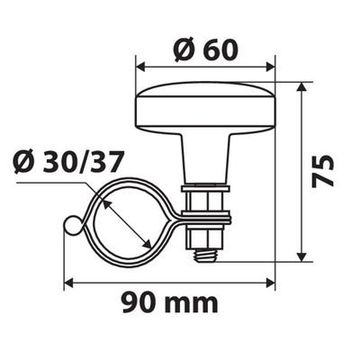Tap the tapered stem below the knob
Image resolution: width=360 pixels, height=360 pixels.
tap(206, 158)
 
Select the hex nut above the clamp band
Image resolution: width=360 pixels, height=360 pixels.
tap(206, 197)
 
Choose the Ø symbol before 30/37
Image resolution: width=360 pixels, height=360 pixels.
tap(25, 163)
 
